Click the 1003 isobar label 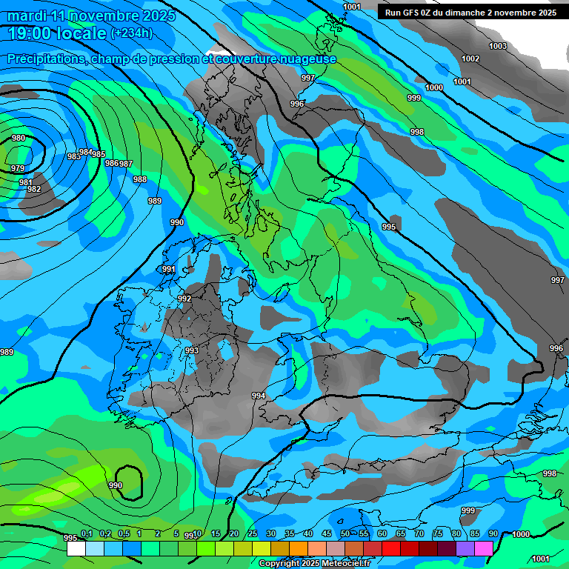click(498, 46)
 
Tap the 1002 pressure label click(470, 59)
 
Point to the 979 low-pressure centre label click(18, 169)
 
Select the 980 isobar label click(19, 138)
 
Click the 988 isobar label click(140, 179)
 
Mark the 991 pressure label click(169, 269)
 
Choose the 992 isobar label click(184, 299)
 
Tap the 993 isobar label click(192, 350)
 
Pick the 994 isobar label click(259, 396)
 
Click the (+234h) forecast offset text click(132, 33)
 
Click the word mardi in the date click(26, 16)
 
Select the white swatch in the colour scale click(76, 548)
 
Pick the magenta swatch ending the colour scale click(484, 548)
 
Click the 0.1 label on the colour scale click(87, 534)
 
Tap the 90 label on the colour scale click(493, 534)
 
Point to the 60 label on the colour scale click(382, 534)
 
